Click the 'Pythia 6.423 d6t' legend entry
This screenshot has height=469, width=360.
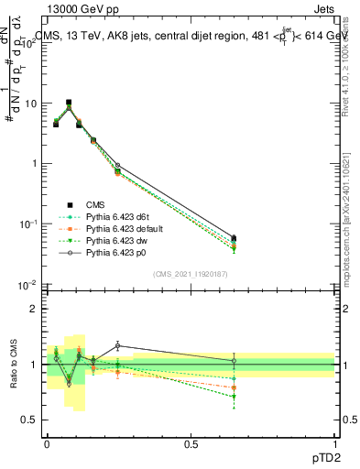click(115, 216)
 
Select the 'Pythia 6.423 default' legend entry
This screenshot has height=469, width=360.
click(120, 228)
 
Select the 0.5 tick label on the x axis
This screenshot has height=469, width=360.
click(191, 442)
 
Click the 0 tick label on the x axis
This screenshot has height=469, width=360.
click(47, 442)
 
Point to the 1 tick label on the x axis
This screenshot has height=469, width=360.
click(334, 442)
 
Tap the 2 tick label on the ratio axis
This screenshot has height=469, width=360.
click(34, 309)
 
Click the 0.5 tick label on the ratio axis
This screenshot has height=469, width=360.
click(29, 420)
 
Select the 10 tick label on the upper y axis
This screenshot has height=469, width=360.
click(29, 104)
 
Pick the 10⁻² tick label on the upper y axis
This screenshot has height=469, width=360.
click(27, 284)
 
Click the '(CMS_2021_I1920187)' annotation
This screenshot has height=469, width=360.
click(190, 273)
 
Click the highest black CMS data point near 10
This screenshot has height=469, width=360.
click(69, 103)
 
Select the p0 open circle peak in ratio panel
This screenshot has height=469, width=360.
click(118, 345)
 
